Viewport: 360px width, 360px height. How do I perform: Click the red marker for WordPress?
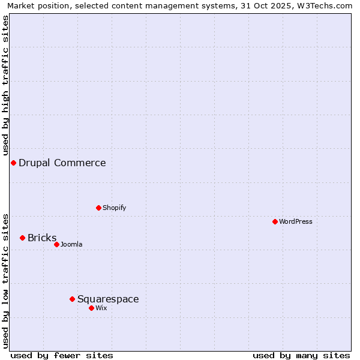click(275, 221)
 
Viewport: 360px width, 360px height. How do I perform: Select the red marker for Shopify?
click(98, 208)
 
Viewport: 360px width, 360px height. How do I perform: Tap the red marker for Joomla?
click(56, 244)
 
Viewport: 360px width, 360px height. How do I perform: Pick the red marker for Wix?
click(91, 308)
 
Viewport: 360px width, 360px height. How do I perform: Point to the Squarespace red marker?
click(72, 299)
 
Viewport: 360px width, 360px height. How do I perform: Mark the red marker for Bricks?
click(22, 238)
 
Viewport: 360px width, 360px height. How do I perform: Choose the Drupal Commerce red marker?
click(13, 163)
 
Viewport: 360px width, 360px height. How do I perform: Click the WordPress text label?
click(296, 221)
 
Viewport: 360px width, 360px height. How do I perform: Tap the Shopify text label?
click(114, 208)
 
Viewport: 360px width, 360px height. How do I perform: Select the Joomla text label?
click(71, 244)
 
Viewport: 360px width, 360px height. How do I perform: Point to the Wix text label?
click(101, 308)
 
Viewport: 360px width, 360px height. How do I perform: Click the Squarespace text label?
click(108, 299)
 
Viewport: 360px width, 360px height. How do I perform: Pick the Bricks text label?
click(42, 238)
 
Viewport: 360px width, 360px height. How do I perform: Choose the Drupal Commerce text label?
click(62, 163)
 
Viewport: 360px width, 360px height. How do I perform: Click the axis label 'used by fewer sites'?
click(62, 355)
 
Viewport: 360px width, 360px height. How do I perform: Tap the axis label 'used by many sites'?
click(301, 355)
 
